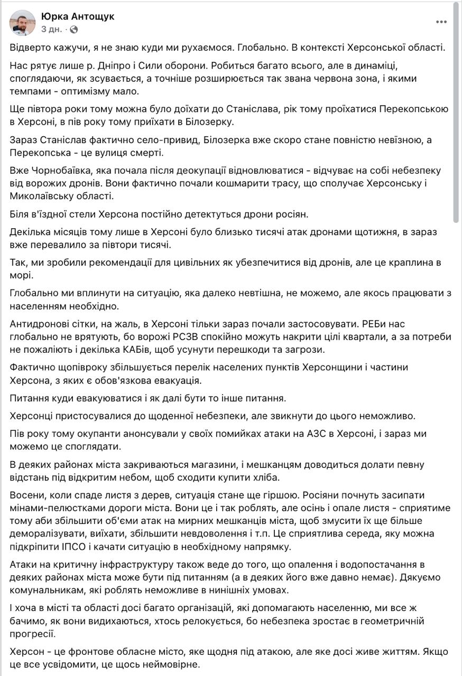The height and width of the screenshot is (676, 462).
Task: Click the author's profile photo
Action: point(22,22)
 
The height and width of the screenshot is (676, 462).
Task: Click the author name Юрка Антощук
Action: point(78,16)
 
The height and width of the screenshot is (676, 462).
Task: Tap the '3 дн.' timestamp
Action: point(51,29)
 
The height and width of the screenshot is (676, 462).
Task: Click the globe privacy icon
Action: point(74,29)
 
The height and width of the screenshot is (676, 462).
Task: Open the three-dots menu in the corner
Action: point(441,22)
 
